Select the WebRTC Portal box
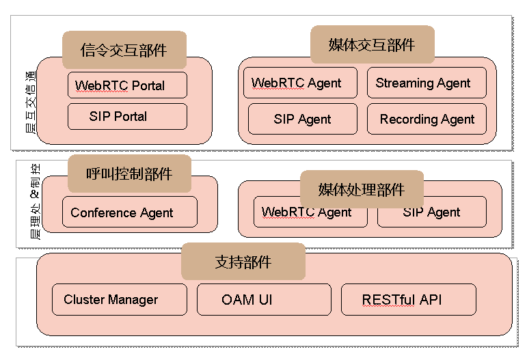tap(127, 86)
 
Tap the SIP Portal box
tap(127, 116)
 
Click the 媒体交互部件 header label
tap(372, 45)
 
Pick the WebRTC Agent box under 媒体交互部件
tap(300, 83)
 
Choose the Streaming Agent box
tap(427, 83)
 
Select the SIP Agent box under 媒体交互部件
tap(302, 119)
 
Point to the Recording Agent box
tap(427, 119)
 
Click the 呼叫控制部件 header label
tap(129, 174)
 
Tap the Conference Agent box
tap(129, 212)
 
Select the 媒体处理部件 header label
tap(362, 189)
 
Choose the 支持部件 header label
tap(243, 262)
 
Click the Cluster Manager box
tap(119, 300)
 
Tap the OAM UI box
tap(264, 300)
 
